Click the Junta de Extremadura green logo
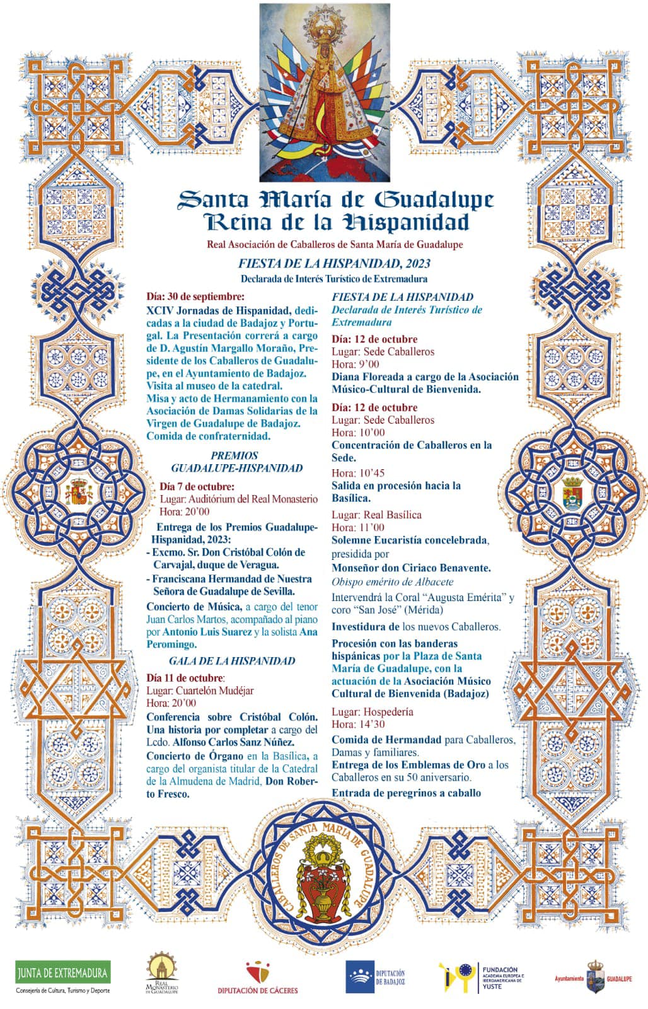pos(62,972)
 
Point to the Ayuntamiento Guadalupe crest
pos(595,976)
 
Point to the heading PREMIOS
pos(234,455)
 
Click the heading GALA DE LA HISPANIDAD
pos(232,661)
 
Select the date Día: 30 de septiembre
pos(195,296)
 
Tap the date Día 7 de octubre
pos(197,486)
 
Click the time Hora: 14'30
pos(358,725)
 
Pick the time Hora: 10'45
pos(358,473)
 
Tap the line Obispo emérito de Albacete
pos(393,581)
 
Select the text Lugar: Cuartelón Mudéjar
pos(200,691)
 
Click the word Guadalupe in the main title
pos(434,200)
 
